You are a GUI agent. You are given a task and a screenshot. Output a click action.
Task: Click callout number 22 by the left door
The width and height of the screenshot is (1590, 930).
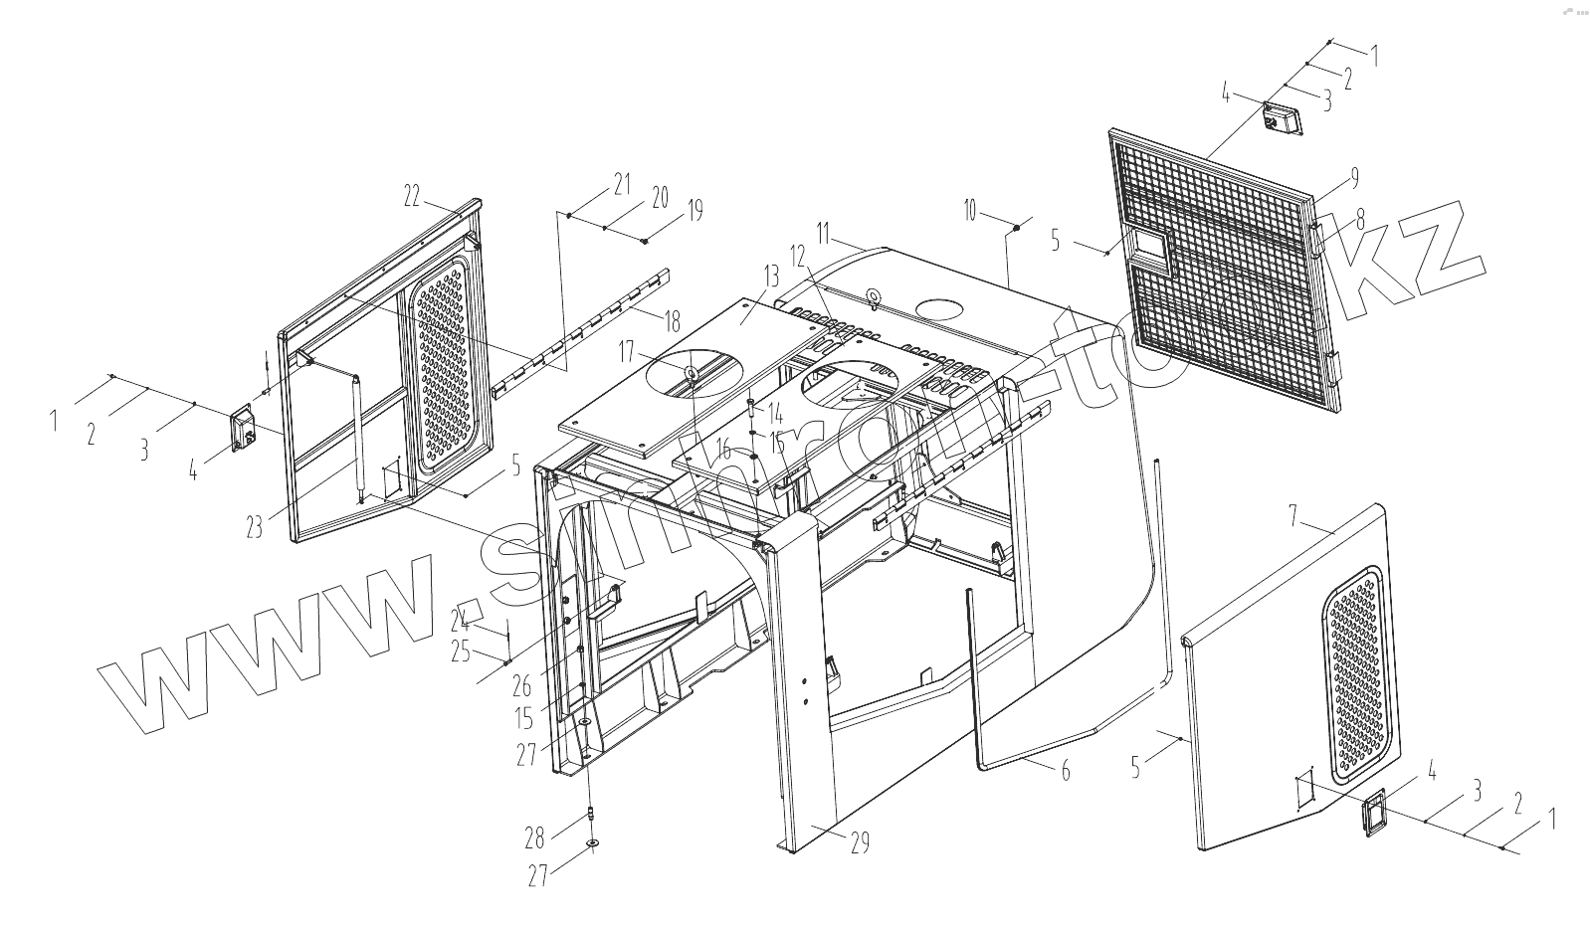(x=413, y=196)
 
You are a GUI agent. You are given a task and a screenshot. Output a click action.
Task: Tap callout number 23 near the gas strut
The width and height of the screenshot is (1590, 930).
(x=255, y=525)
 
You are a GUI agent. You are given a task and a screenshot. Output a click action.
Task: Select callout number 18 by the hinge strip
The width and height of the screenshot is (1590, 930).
(x=674, y=321)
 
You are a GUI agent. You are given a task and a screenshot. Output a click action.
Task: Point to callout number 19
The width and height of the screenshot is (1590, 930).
(x=695, y=210)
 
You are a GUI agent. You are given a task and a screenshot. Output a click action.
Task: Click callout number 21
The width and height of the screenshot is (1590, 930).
(x=622, y=183)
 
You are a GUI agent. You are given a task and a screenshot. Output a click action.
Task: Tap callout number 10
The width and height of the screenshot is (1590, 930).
(x=971, y=210)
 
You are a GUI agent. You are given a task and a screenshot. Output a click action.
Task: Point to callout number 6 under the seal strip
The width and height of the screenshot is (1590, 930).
(x=1066, y=769)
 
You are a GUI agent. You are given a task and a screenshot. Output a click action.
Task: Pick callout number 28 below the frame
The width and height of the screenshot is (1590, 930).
(x=535, y=837)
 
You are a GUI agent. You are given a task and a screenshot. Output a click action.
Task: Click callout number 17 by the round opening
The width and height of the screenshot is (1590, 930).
(x=626, y=351)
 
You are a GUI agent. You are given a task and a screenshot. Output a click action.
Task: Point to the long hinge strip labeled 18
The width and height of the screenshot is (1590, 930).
(x=577, y=332)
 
